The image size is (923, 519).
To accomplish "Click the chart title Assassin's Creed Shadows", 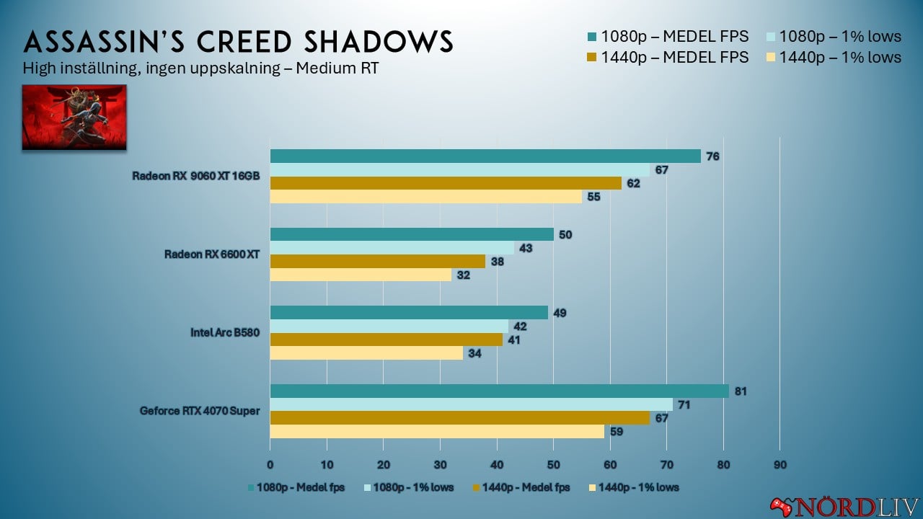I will [238, 42].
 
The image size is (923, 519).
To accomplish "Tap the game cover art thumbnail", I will [74, 117].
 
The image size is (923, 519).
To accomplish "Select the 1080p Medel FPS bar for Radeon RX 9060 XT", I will [485, 156].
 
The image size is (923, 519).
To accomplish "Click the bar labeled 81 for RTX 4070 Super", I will [499, 391].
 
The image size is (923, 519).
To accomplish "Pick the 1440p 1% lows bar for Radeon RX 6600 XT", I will [361, 275].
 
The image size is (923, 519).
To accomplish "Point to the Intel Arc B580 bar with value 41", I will [386, 340].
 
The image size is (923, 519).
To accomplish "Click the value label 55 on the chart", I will [593, 197].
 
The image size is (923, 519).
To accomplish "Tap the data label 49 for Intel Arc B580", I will [559, 313].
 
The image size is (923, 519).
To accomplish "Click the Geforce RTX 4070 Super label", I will [200, 412].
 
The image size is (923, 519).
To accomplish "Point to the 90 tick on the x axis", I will [780, 464].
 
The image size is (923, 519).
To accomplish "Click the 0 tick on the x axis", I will [270, 464].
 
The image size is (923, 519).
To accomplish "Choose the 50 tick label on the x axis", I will [553, 464].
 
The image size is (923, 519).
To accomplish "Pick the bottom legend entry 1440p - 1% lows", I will [634, 487].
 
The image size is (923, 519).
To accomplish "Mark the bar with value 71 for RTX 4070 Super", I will [471, 405].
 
